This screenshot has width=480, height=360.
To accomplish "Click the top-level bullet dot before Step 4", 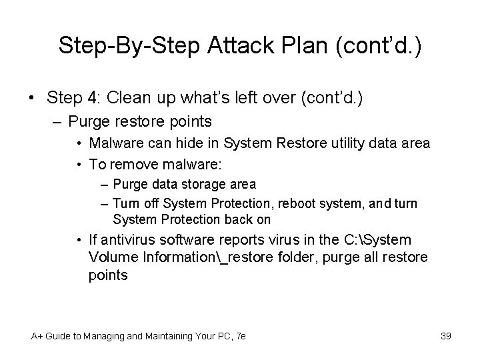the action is [32, 99].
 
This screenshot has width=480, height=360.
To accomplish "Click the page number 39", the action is [446, 335].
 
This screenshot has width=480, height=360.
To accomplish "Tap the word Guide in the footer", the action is [63, 336].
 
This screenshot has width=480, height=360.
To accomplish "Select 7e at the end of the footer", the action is [240, 336].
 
